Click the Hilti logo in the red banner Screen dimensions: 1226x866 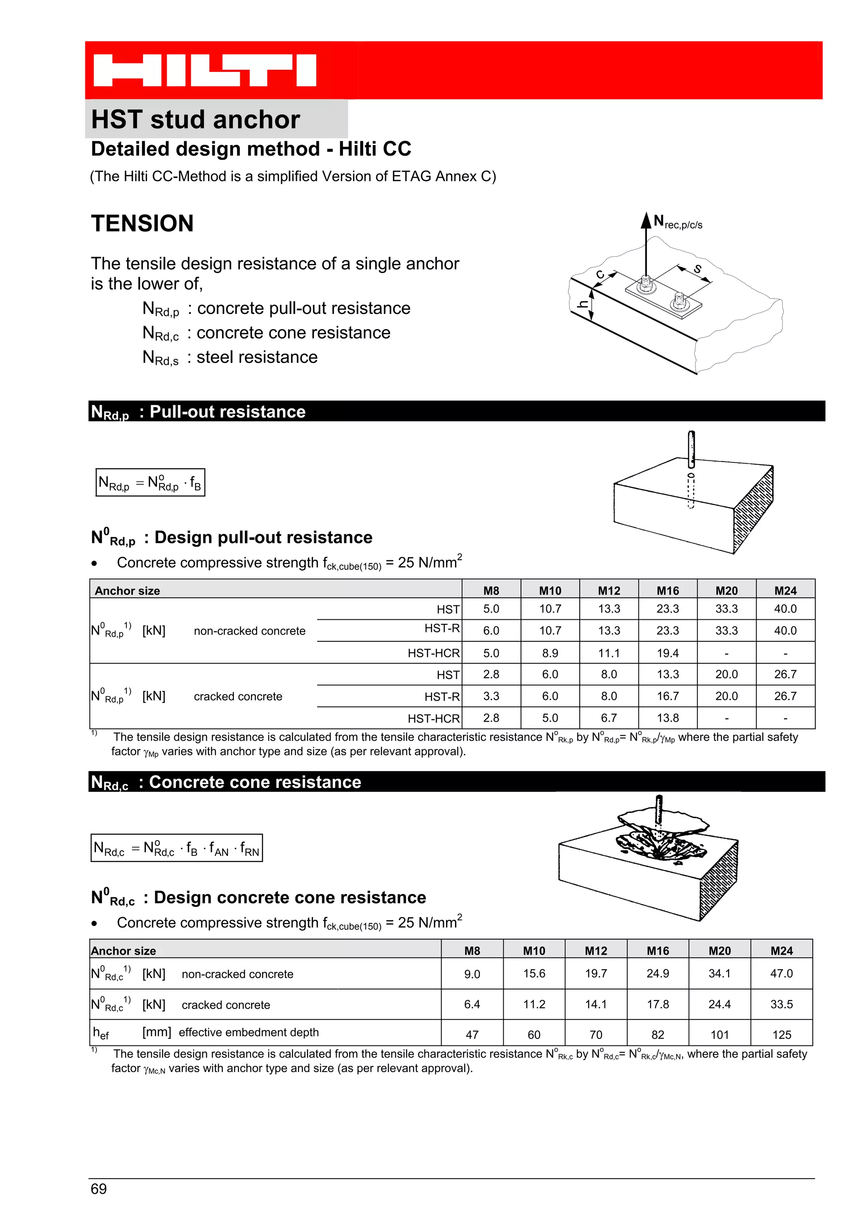(205, 70)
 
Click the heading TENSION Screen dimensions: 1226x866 (142, 223)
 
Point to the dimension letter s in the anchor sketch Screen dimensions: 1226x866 (697, 269)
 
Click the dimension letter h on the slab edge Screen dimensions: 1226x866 (583, 304)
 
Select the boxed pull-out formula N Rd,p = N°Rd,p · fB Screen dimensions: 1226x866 (150, 482)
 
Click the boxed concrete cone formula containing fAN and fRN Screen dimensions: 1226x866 (177, 847)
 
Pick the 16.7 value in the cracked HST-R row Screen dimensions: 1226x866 (668, 696)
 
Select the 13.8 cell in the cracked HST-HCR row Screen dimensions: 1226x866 (668, 718)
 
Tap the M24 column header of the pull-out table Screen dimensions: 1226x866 (785, 591)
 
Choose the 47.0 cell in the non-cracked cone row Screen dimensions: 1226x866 (781, 973)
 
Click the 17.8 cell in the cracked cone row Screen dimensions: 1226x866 (658, 1004)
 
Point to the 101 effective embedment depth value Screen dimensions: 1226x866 (719, 1035)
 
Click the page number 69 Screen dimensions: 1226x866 (99, 1189)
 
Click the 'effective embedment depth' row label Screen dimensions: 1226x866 (249, 1032)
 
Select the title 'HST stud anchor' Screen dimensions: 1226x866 (195, 119)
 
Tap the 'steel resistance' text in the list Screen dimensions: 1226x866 (257, 357)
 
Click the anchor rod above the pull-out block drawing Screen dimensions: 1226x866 (691, 448)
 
